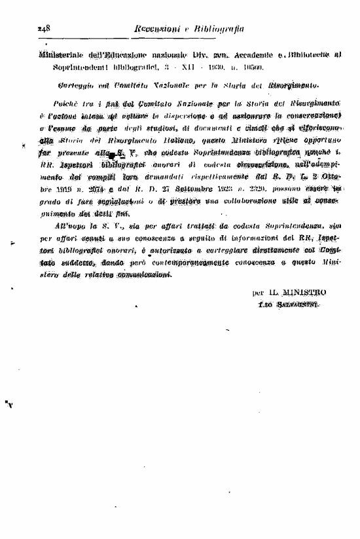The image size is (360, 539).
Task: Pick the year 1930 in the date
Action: tap(200, 67)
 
